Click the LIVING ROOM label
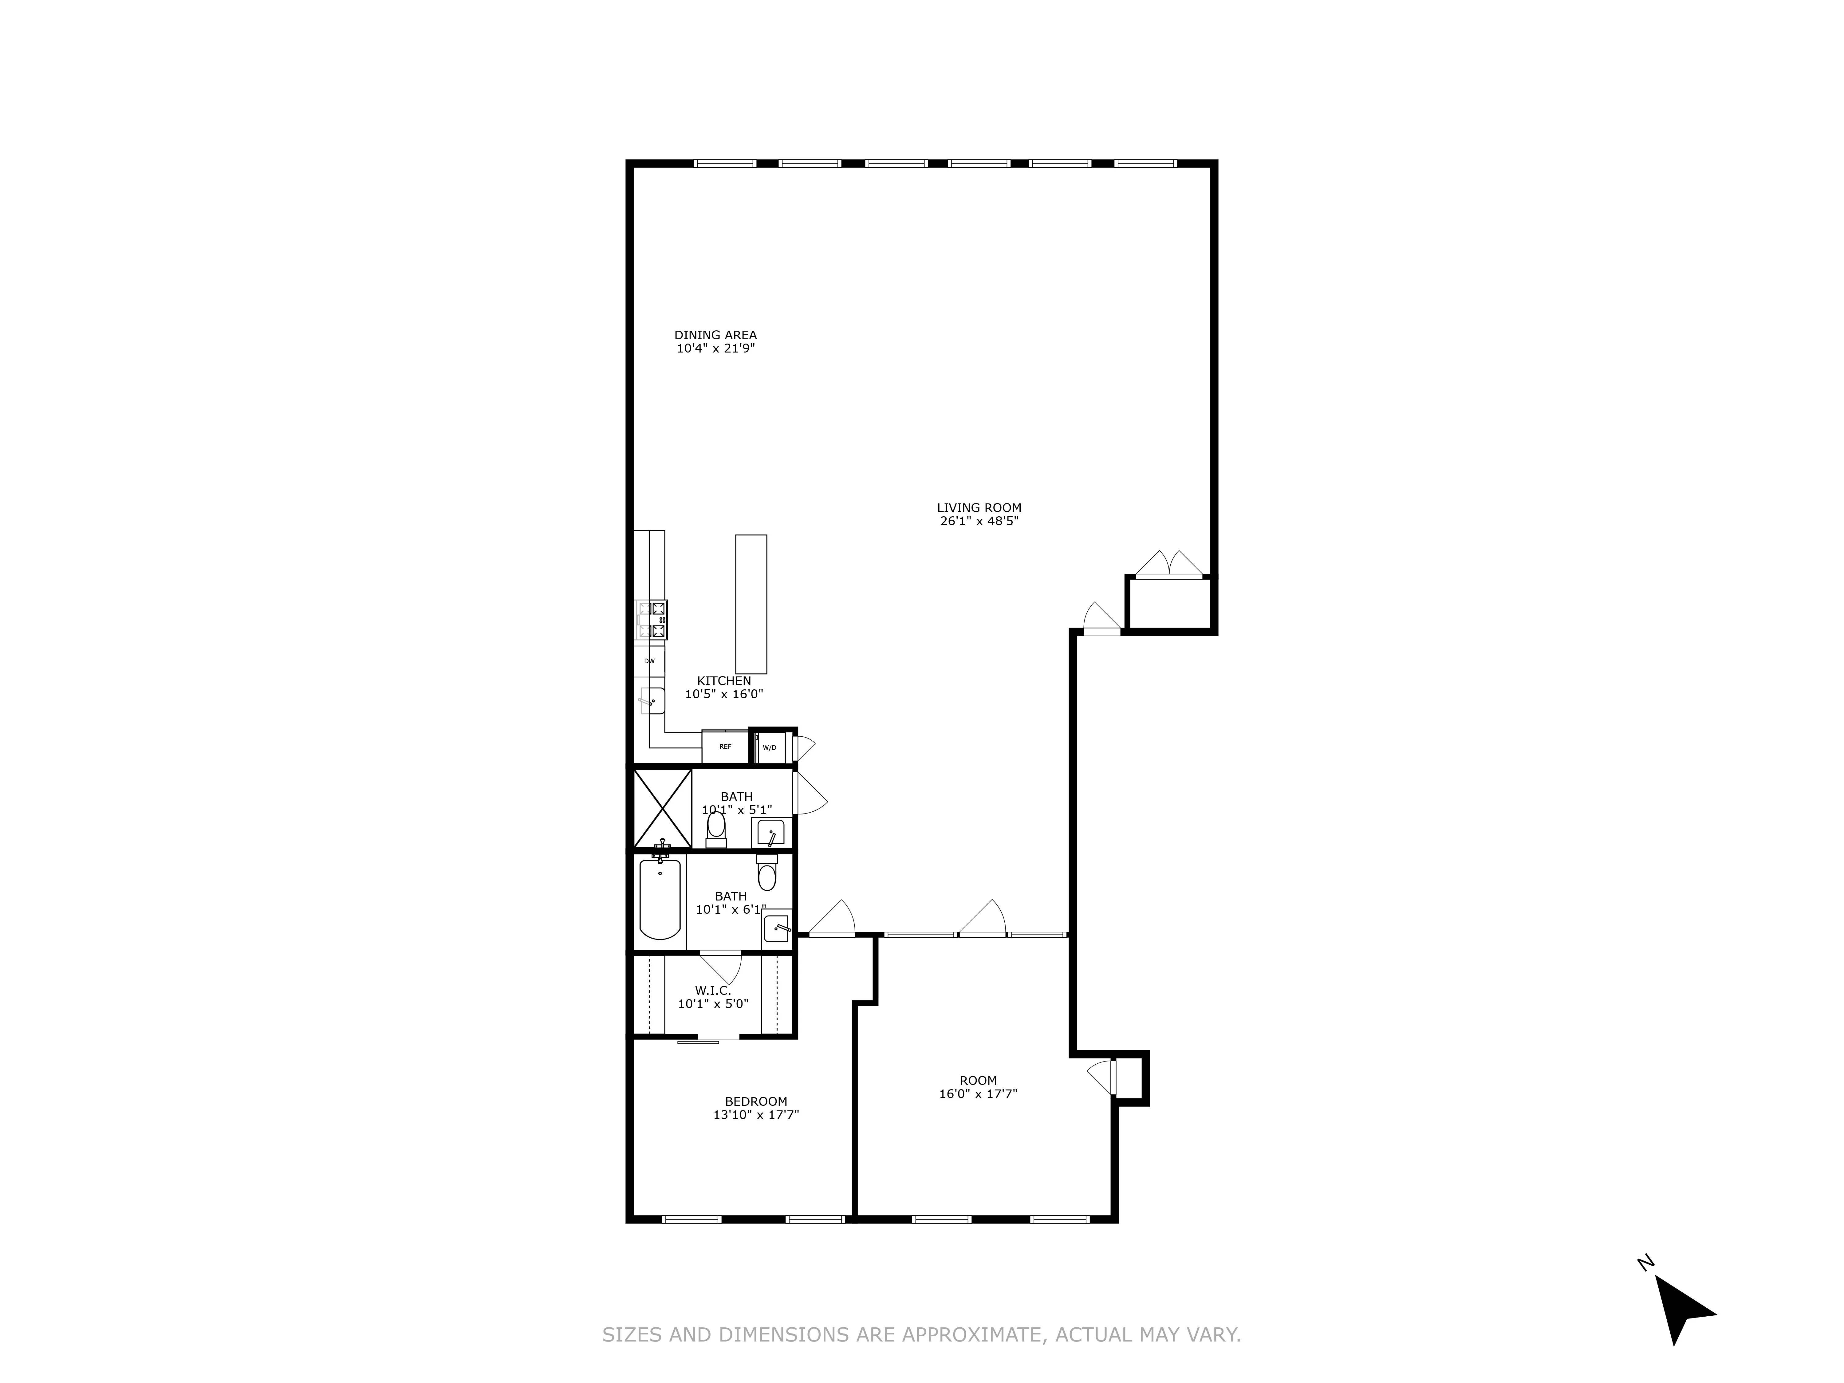979,508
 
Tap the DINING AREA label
715,335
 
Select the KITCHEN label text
723,681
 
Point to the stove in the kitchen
652,620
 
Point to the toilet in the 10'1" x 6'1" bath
767,874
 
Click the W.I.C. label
713,990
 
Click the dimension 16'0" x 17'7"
978,1094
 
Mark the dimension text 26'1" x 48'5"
979,521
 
